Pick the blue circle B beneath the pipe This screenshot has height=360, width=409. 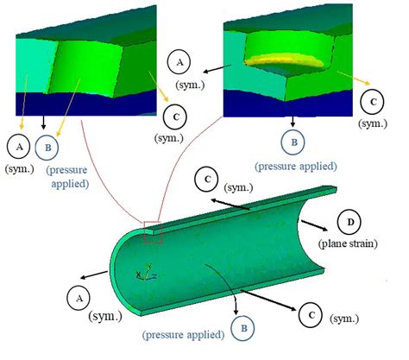coord(244,327)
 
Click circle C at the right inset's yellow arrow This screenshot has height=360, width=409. coord(374,102)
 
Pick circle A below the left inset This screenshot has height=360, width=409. coord(20,143)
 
